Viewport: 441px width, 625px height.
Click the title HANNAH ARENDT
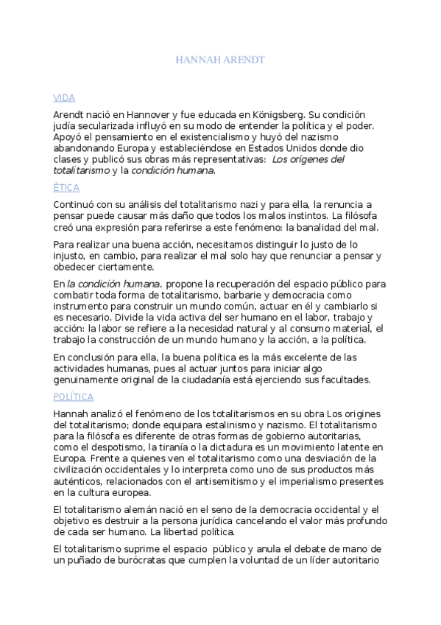(x=220, y=58)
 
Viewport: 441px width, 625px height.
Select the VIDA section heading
(x=64, y=97)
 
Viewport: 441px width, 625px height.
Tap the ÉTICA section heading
(x=66, y=188)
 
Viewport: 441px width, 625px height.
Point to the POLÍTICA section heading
(x=74, y=397)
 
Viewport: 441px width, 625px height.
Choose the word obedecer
(x=76, y=267)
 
